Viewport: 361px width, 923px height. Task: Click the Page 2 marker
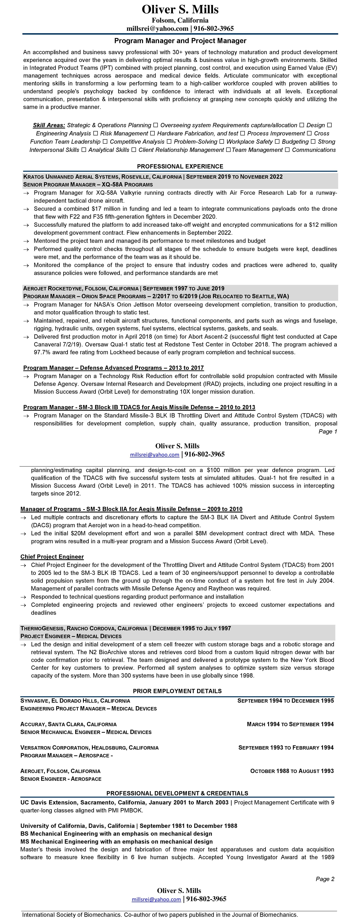[325, 879]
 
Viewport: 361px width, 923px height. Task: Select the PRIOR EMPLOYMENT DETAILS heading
[177, 691]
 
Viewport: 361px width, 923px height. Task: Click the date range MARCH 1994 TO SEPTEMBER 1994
[290, 724]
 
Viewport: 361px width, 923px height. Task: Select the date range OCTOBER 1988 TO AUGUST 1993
[292, 771]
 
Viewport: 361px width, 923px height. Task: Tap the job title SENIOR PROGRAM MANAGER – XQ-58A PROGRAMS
[88, 184]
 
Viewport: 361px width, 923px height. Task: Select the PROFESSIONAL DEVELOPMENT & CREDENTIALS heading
[177, 793]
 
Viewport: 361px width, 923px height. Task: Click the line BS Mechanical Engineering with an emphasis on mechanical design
[116, 834]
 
